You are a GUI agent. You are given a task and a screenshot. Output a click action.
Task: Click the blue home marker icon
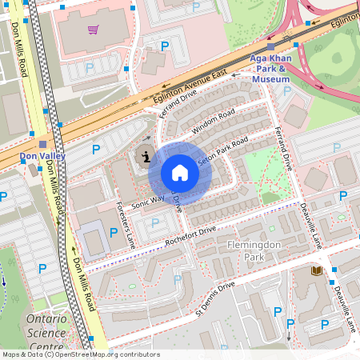(180, 173)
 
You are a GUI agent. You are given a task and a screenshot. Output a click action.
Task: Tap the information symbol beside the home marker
(146, 156)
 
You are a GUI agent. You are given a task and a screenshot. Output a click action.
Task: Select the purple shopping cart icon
(94, 30)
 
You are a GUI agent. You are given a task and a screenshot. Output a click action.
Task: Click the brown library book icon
(317, 271)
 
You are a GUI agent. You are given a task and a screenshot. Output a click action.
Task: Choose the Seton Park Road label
(223, 150)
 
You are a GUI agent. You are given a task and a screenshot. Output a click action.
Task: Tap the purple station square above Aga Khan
(270, 46)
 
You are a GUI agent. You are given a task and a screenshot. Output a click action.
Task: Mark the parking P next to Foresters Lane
(114, 231)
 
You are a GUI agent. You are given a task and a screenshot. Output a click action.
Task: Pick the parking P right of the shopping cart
(165, 46)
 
